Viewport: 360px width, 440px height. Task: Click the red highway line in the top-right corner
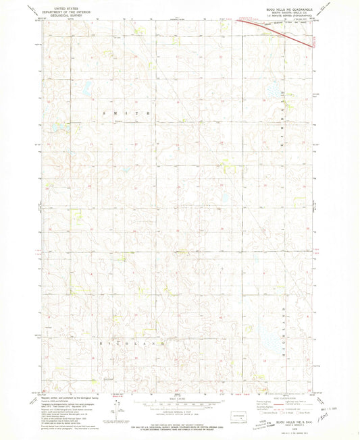pyautogui.click(x=277, y=31)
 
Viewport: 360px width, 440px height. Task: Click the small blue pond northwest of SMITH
pyautogui.click(x=86, y=87)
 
